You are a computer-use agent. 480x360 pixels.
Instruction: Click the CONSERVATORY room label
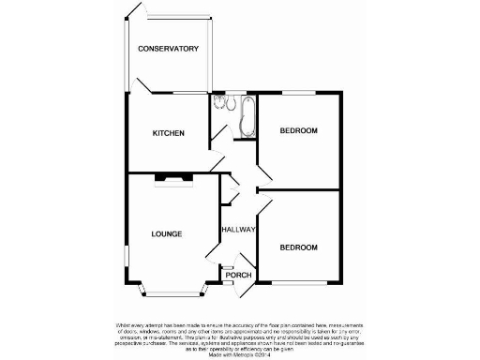pos(168,49)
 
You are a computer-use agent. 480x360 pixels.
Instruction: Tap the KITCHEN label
pos(168,133)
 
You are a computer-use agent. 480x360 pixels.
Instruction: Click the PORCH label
pos(239,275)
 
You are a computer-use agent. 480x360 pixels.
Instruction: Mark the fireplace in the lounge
pos(172,177)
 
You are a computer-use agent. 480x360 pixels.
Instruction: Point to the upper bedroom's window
pos(299,92)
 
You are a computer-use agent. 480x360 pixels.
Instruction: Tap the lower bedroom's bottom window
pos(299,282)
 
